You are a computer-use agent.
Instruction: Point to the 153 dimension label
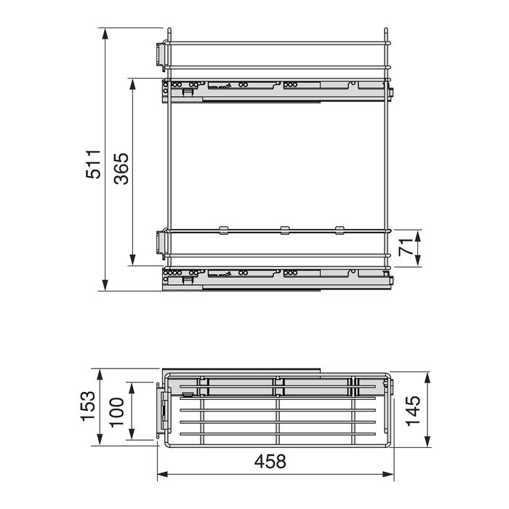(87, 407)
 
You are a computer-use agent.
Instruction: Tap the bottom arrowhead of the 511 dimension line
(105, 288)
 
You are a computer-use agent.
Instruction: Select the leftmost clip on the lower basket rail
(223, 231)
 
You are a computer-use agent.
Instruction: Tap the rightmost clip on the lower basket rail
(340, 231)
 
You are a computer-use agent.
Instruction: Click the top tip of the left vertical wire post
(168, 31)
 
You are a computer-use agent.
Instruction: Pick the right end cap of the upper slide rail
(390, 92)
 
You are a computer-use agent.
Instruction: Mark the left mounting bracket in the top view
(164, 411)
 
